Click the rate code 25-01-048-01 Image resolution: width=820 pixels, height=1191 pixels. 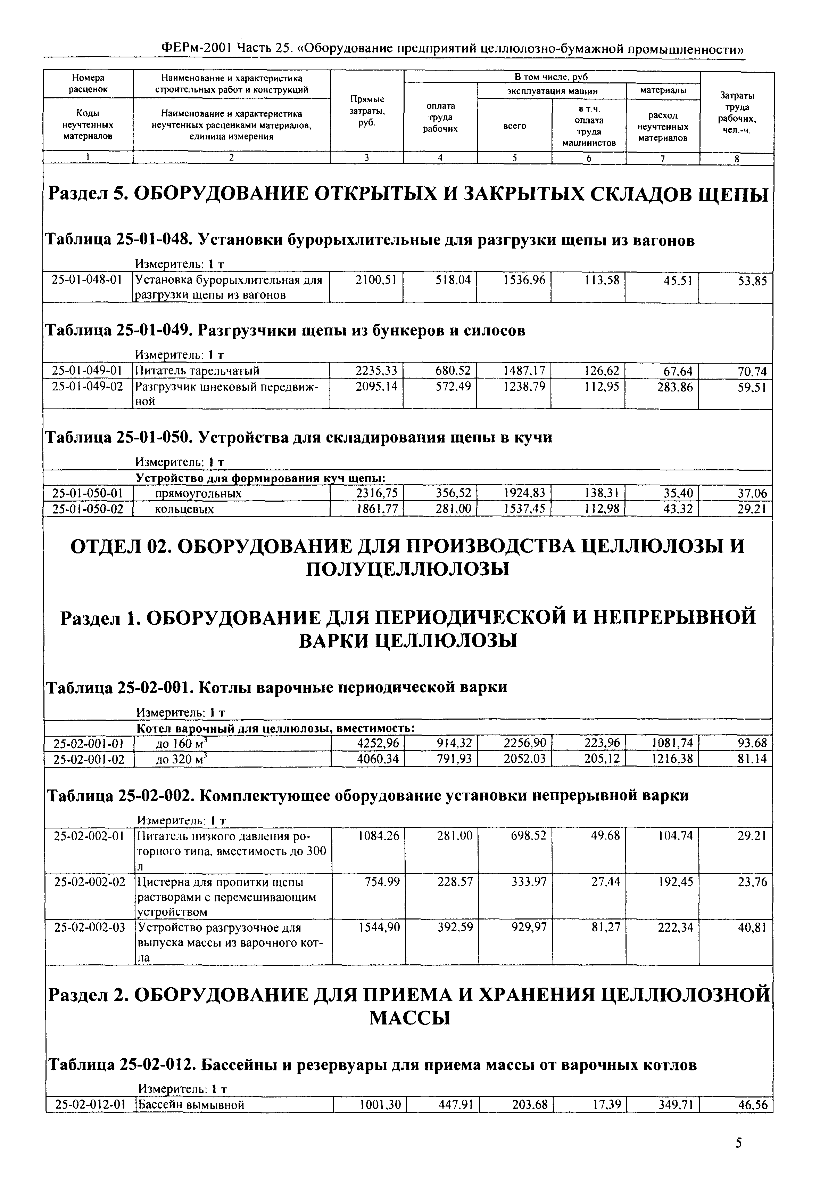tap(87, 280)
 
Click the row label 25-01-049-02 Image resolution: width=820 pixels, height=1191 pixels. tap(87, 387)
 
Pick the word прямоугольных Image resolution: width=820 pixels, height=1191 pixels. tap(198, 494)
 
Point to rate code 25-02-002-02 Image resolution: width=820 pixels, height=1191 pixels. tap(89, 882)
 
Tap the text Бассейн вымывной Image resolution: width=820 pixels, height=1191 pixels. tap(190, 1104)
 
